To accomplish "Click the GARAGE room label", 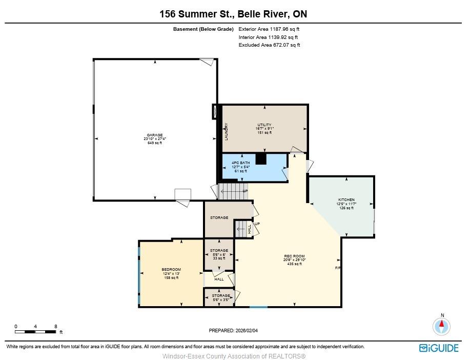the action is pyautogui.click(x=155, y=135).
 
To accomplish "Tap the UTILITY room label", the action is pyautogui.click(x=264, y=125).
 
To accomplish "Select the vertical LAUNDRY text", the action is pyautogui.click(x=227, y=132).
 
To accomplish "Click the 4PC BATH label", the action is pyautogui.click(x=241, y=163).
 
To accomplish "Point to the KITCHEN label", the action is pyautogui.click(x=346, y=200).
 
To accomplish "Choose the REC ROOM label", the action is pyautogui.click(x=294, y=256).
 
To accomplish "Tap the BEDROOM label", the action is pyautogui.click(x=171, y=269).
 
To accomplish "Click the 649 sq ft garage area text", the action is pyautogui.click(x=155, y=143).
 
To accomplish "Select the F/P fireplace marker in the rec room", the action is pyautogui.click(x=338, y=268).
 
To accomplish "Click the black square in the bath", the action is pyautogui.click(x=261, y=159).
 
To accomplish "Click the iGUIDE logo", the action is pyautogui.click(x=439, y=348).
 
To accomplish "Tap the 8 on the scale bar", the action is pyautogui.click(x=56, y=326).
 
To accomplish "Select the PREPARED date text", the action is pyautogui.click(x=233, y=331).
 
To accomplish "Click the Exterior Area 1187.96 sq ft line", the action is pyautogui.click(x=269, y=29).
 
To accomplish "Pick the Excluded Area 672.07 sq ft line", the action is pyautogui.click(x=269, y=45).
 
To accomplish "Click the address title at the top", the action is pyautogui.click(x=233, y=14).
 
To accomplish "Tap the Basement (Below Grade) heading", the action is pyautogui.click(x=203, y=29).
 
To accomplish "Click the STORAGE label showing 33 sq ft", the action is pyautogui.click(x=219, y=250).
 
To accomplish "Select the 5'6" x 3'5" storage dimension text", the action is pyautogui.click(x=221, y=299).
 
